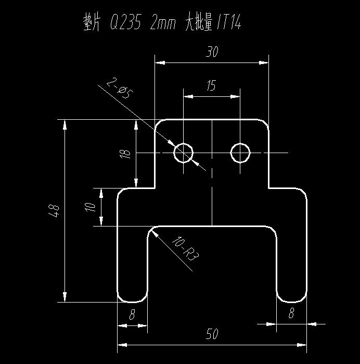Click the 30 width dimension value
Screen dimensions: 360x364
coord(212,52)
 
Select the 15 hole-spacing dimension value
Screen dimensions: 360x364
coord(211,85)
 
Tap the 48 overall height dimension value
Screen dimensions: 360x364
coord(54,210)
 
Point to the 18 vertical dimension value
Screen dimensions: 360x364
coord(125,153)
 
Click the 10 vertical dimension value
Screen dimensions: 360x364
coord(90,207)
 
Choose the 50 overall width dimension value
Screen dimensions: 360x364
coord(212,334)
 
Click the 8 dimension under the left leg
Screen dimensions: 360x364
coord(132,315)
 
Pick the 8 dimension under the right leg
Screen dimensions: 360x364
coord(291,312)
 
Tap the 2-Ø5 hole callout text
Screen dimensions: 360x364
coord(120,89)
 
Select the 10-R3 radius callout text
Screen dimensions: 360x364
coord(185,248)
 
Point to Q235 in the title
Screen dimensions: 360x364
coord(125,22)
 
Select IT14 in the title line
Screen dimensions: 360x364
coord(229,22)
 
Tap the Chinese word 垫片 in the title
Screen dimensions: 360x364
coord(92,23)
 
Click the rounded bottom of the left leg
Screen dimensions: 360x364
coord(132,302)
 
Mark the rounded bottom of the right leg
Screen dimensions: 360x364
coord(291,302)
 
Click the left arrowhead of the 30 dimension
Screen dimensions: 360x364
coord(160,62)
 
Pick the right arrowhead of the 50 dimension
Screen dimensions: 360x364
coord(302,345)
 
